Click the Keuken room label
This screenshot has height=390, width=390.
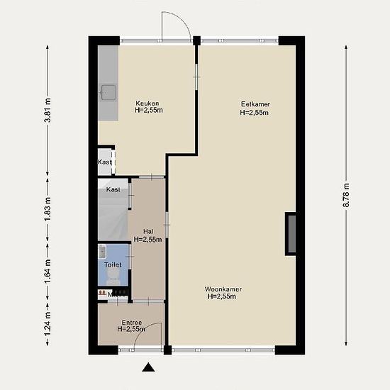click(147, 103)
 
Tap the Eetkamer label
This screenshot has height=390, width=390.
click(255, 104)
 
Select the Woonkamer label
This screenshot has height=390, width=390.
click(223, 289)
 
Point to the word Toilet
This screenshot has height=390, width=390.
click(113, 264)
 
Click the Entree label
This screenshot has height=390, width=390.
click(132, 323)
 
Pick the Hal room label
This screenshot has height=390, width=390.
click(148, 232)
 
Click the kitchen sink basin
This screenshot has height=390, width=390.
click(108, 92)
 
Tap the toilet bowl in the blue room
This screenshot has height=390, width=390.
click(113, 277)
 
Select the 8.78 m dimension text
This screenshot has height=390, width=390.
click(346, 195)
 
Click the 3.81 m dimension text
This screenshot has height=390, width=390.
click(48, 110)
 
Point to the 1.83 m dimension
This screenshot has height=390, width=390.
click(48, 209)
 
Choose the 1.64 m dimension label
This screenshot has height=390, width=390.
click(48, 271)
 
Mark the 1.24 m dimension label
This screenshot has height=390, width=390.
click(48, 323)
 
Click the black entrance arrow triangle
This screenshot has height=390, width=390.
click(148, 367)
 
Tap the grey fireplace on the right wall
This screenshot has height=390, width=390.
click(291, 234)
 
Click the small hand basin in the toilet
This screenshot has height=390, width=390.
click(102, 251)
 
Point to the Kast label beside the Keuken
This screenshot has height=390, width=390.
click(104, 162)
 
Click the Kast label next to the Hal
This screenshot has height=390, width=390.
click(113, 189)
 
